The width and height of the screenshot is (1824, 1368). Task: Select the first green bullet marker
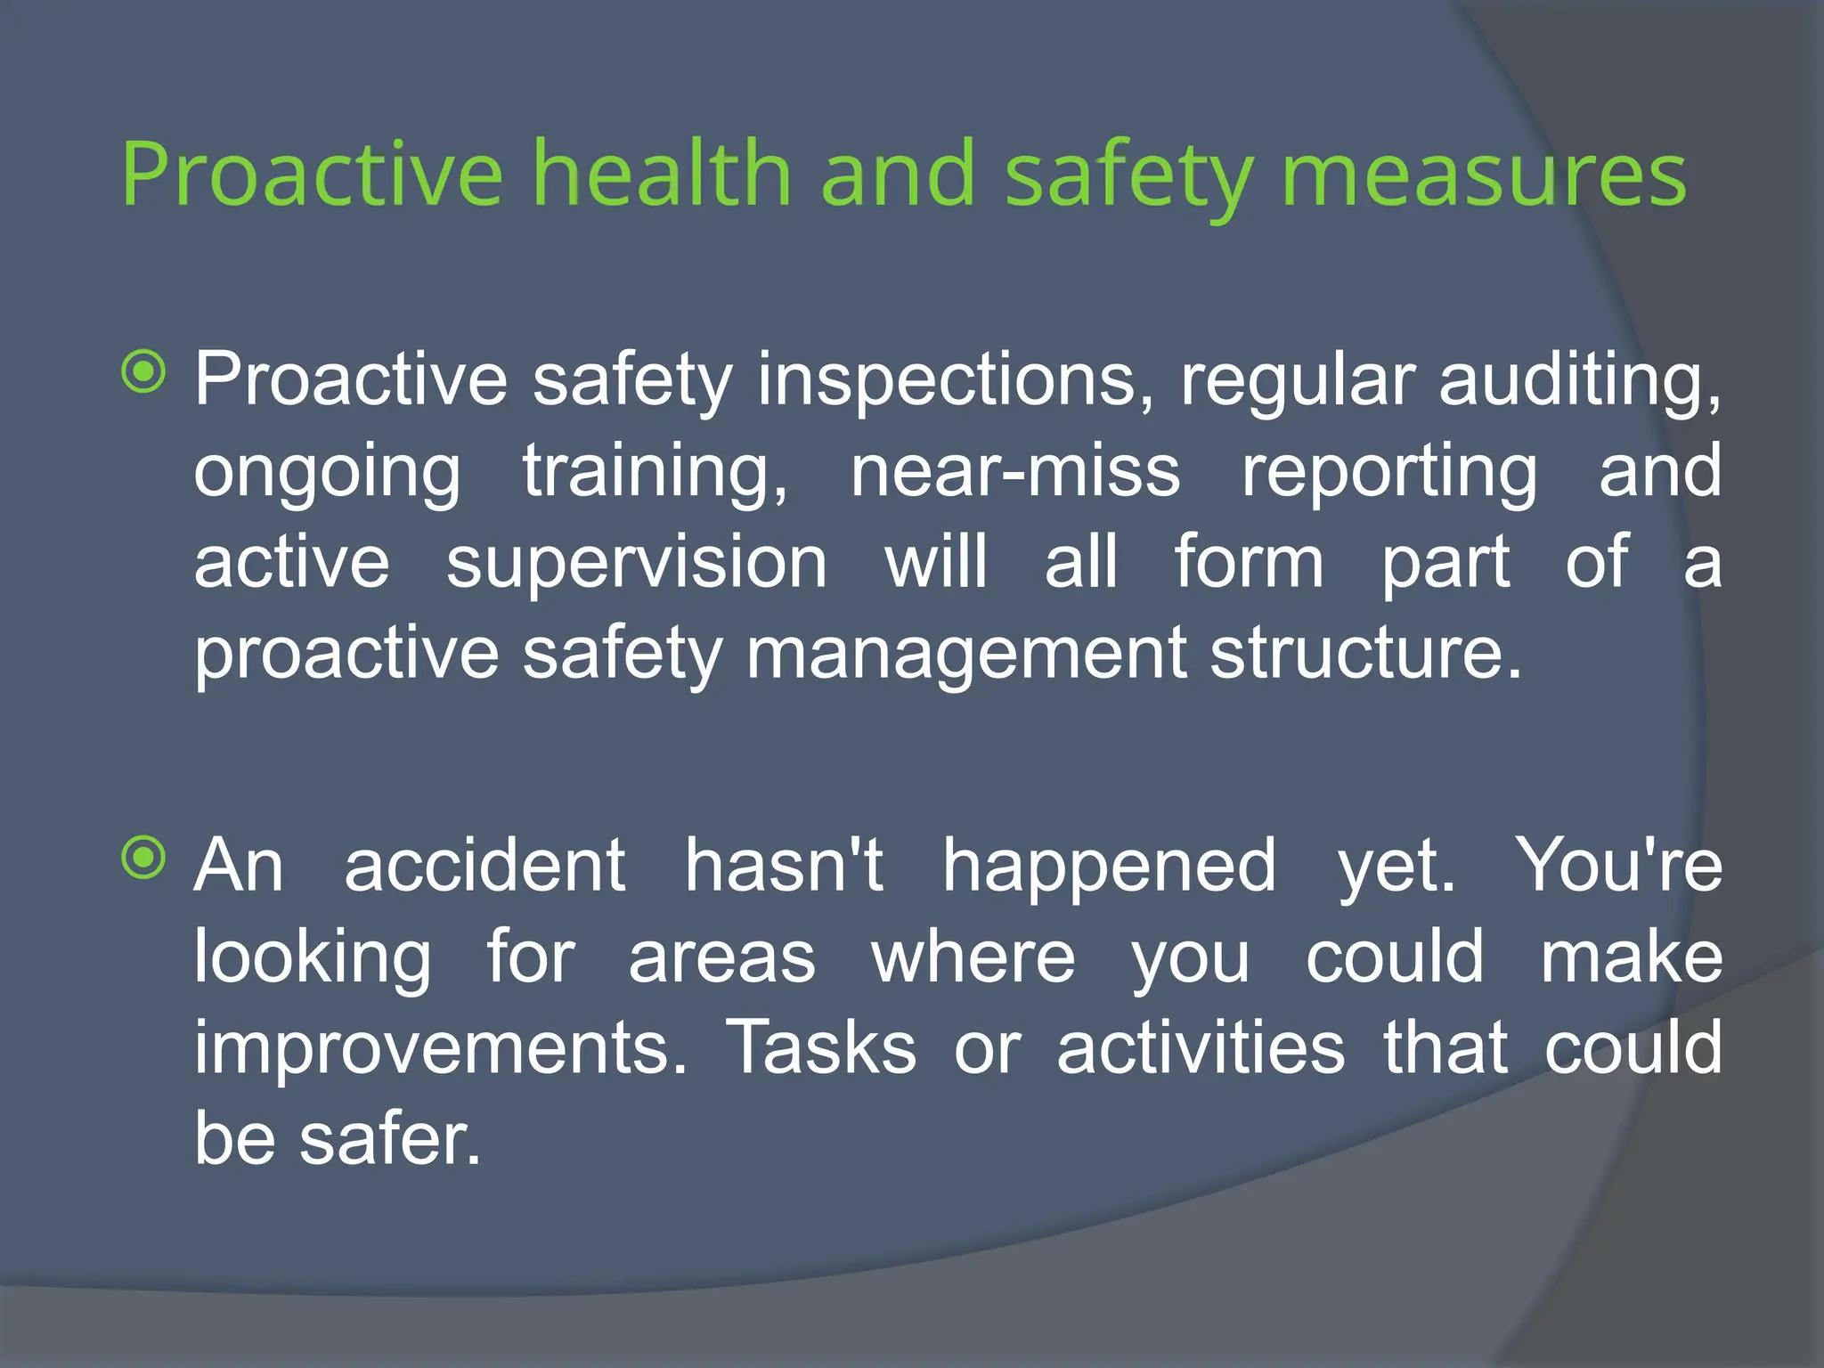[x=144, y=372]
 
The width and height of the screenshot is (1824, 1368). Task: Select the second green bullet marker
[x=144, y=859]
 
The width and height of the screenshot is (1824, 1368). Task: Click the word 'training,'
[x=655, y=472]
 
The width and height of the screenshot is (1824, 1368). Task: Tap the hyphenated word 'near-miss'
[x=1015, y=472]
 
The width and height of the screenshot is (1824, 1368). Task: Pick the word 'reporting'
[x=1389, y=472]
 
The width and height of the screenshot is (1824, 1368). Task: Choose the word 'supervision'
[x=637, y=563]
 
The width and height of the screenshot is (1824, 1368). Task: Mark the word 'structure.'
[x=1366, y=654]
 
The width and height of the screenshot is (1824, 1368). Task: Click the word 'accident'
[x=485, y=866]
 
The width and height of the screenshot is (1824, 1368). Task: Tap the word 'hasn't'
[x=784, y=866]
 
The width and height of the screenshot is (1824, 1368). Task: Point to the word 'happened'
[x=1110, y=866]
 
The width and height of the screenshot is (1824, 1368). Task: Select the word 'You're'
[x=1619, y=866]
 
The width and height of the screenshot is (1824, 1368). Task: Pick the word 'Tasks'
[x=821, y=1047]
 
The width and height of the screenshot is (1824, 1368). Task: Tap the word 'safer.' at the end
[x=390, y=1140]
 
